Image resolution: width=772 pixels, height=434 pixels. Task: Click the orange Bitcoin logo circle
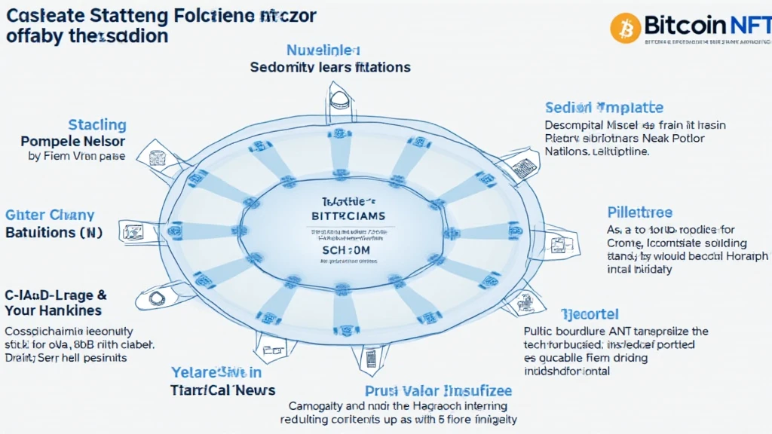tap(625, 28)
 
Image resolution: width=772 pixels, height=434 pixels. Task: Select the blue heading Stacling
tap(97, 124)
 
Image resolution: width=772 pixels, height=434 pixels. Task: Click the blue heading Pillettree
tap(639, 212)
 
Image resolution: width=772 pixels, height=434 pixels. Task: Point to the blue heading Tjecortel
tap(590, 313)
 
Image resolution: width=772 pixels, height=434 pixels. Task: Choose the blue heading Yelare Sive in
tap(216, 372)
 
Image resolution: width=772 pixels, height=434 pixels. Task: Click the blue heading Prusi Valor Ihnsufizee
tap(438, 390)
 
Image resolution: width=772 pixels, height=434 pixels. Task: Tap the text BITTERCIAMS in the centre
tap(348, 216)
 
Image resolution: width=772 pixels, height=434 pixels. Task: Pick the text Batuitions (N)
tap(54, 232)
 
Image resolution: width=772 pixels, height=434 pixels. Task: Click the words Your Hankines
tap(54, 310)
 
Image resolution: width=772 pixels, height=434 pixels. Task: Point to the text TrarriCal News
tap(222, 390)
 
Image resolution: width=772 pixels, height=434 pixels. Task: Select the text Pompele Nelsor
tap(73, 141)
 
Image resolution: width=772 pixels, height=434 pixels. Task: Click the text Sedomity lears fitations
tap(330, 67)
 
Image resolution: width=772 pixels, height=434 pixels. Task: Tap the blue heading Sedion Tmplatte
tap(604, 108)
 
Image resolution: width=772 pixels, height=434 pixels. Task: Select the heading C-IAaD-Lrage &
tap(56, 295)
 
